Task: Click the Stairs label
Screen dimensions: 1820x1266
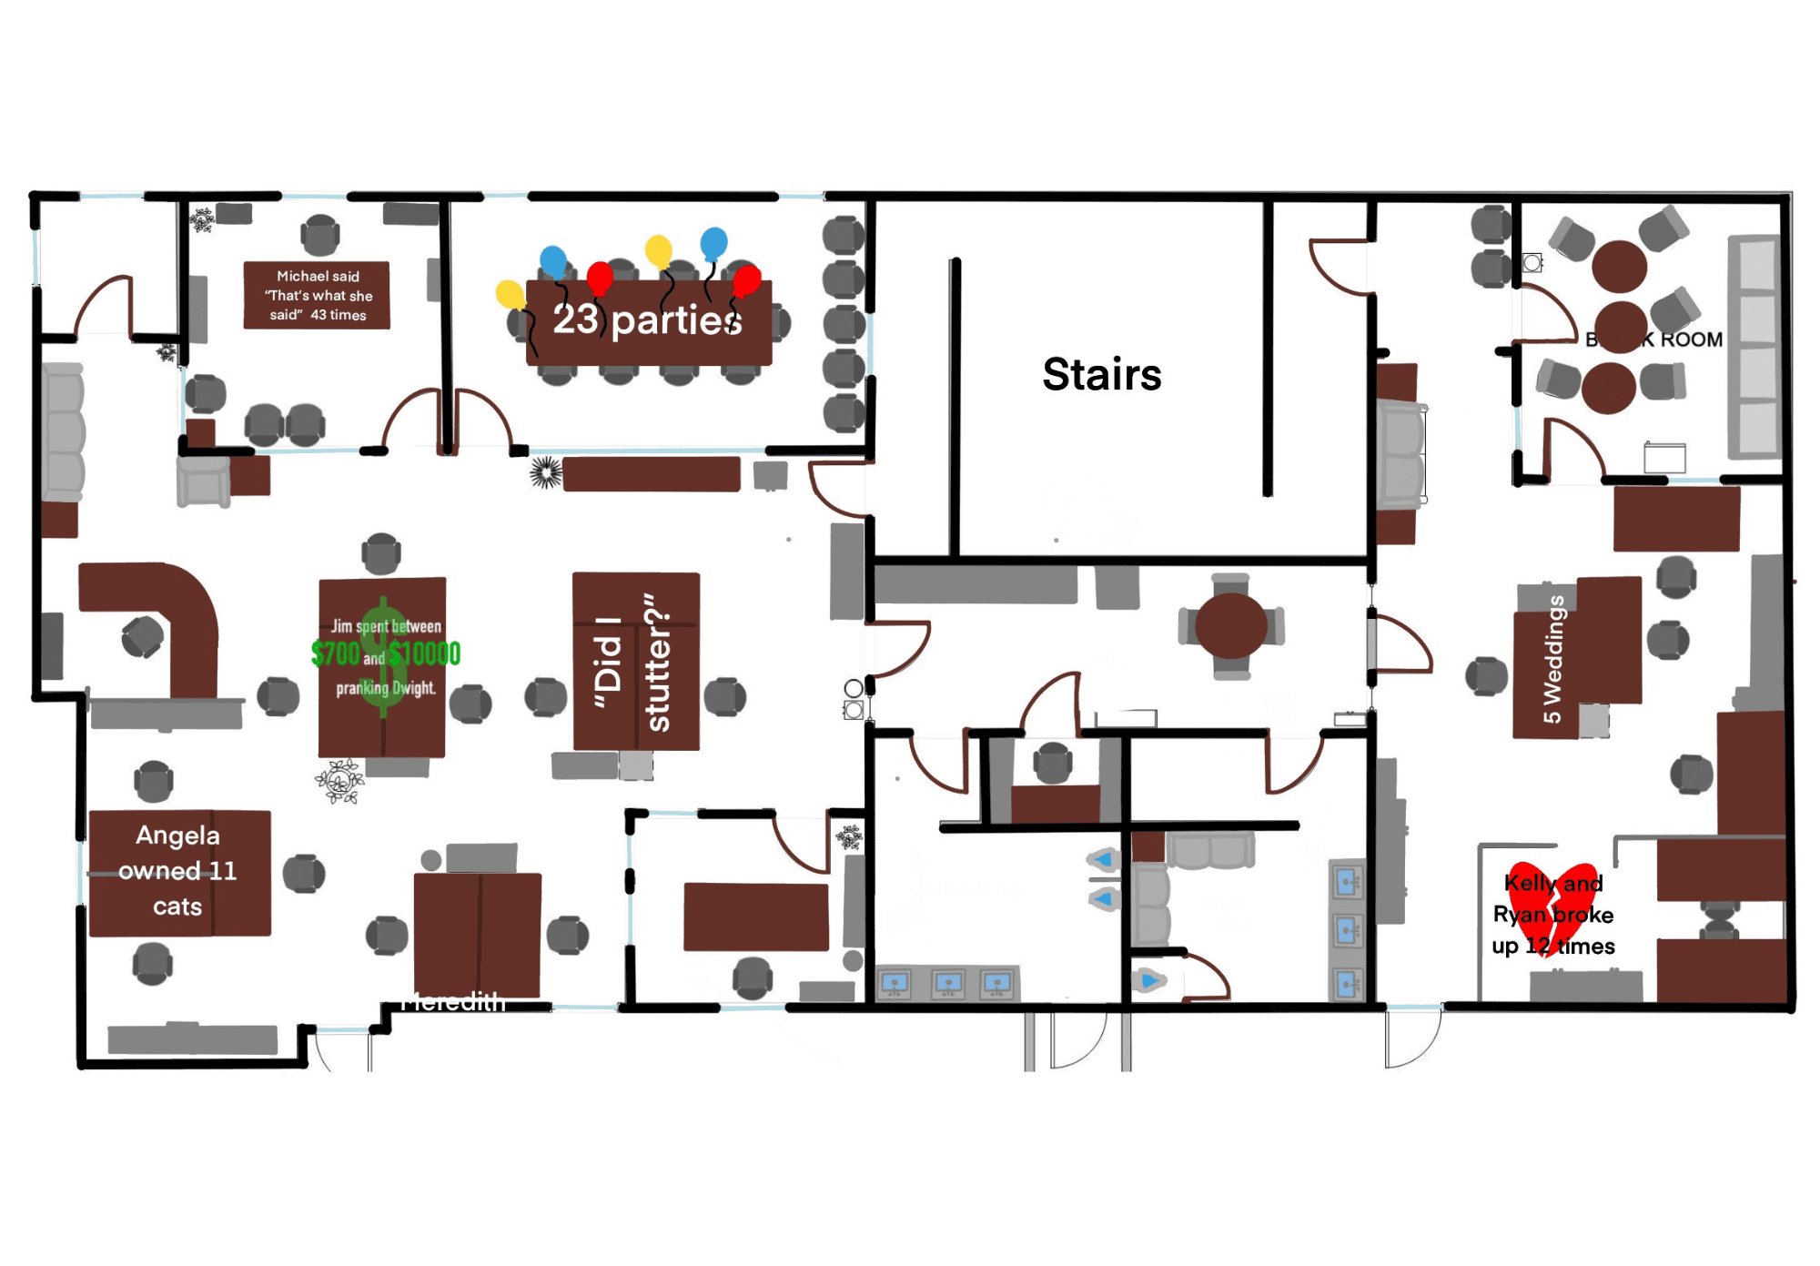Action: coord(1101,374)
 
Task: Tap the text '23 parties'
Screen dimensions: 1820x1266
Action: coord(647,319)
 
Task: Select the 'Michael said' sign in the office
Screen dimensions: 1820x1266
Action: coord(317,295)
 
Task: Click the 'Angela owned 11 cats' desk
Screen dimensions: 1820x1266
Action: coord(179,871)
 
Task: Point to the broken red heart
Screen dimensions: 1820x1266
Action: coord(1552,906)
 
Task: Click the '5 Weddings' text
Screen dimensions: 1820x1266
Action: coord(1553,659)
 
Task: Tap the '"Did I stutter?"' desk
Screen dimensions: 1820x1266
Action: coord(635,661)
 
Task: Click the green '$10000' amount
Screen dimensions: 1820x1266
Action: coord(425,653)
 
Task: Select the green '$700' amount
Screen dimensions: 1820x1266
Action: coord(335,653)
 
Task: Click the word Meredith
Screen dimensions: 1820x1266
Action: coord(453,1002)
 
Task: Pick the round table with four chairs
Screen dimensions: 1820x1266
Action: coord(1230,626)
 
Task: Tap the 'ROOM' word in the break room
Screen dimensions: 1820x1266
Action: coord(1691,339)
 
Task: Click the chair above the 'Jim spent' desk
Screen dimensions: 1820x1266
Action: coord(380,552)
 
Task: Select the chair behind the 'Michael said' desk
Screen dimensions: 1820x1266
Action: coord(319,235)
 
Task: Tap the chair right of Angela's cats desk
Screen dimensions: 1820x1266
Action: coord(303,874)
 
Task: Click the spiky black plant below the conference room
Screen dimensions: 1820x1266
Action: coord(546,472)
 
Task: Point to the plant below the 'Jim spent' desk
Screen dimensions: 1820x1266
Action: coord(340,781)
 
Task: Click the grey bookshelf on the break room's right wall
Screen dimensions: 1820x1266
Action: coord(1754,346)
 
